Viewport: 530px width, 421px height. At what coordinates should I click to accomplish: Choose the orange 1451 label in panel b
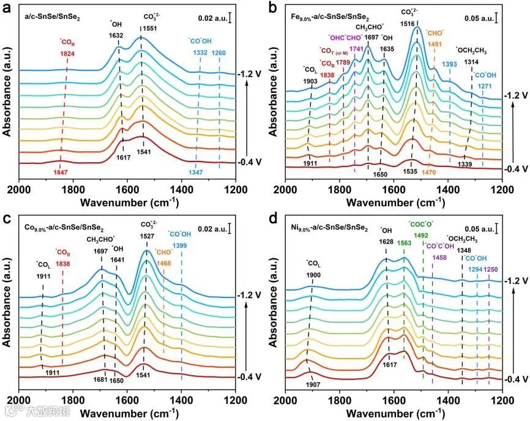pos(435,43)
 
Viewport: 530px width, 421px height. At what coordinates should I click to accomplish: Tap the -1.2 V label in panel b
pos(514,95)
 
